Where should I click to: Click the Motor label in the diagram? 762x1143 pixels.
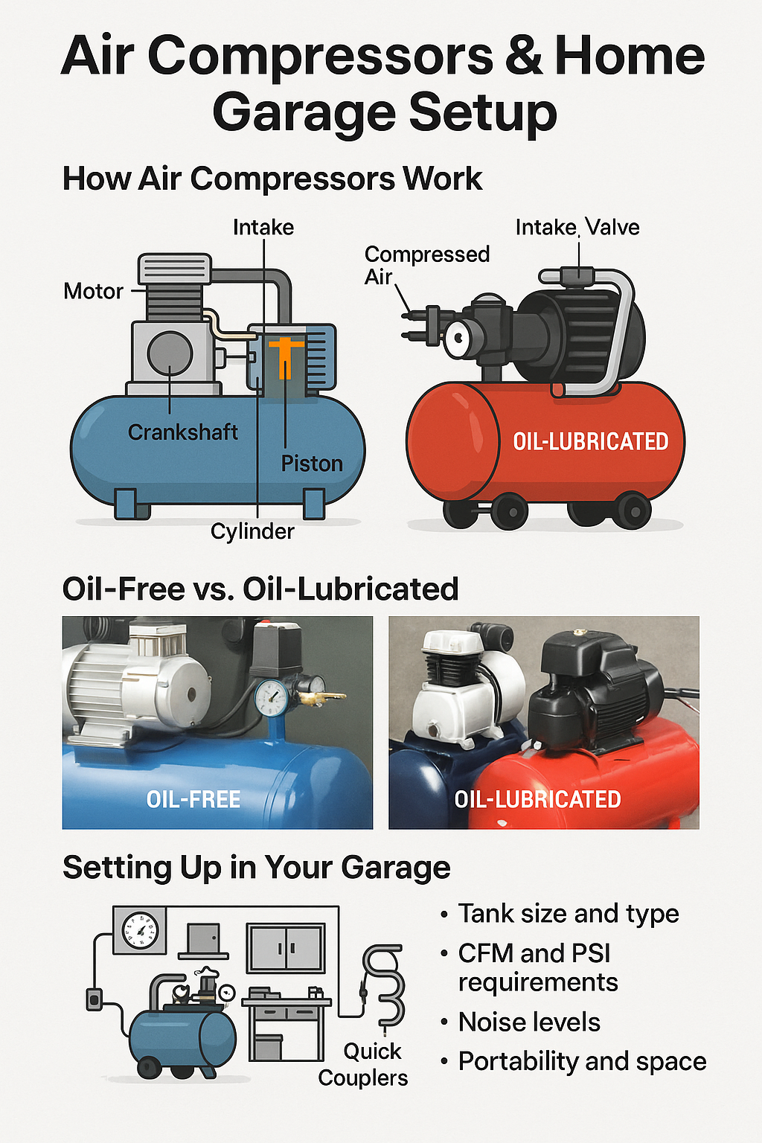[x=93, y=291]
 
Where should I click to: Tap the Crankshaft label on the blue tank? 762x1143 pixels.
[x=182, y=432]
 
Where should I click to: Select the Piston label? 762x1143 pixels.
[x=312, y=464]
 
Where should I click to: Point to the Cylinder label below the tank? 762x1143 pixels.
[x=252, y=531]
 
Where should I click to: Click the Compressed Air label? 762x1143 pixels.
[x=426, y=265]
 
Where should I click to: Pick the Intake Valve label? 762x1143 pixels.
[x=577, y=227]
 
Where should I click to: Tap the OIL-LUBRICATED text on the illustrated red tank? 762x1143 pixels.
[x=591, y=442]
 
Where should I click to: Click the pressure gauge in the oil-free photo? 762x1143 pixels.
[x=272, y=698]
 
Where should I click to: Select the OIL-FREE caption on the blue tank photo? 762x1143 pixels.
[x=193, y=799]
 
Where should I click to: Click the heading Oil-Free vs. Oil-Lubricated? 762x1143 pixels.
[x=260, y=589]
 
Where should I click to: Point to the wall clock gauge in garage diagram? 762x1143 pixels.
[x=140, y=931]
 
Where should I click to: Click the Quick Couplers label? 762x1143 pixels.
[x=364, y=1065]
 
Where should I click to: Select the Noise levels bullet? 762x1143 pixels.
[x=528, y=1022]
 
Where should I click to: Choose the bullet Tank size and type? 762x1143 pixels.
[x=568, y=913]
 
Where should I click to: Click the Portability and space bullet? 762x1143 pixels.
[x=582, y=1061]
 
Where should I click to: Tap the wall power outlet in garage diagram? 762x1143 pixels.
[x=95, y=999]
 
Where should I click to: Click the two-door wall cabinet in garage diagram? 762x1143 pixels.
[x=286, y=948]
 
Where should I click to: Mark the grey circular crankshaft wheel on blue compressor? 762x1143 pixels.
[x=170, y=353]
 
